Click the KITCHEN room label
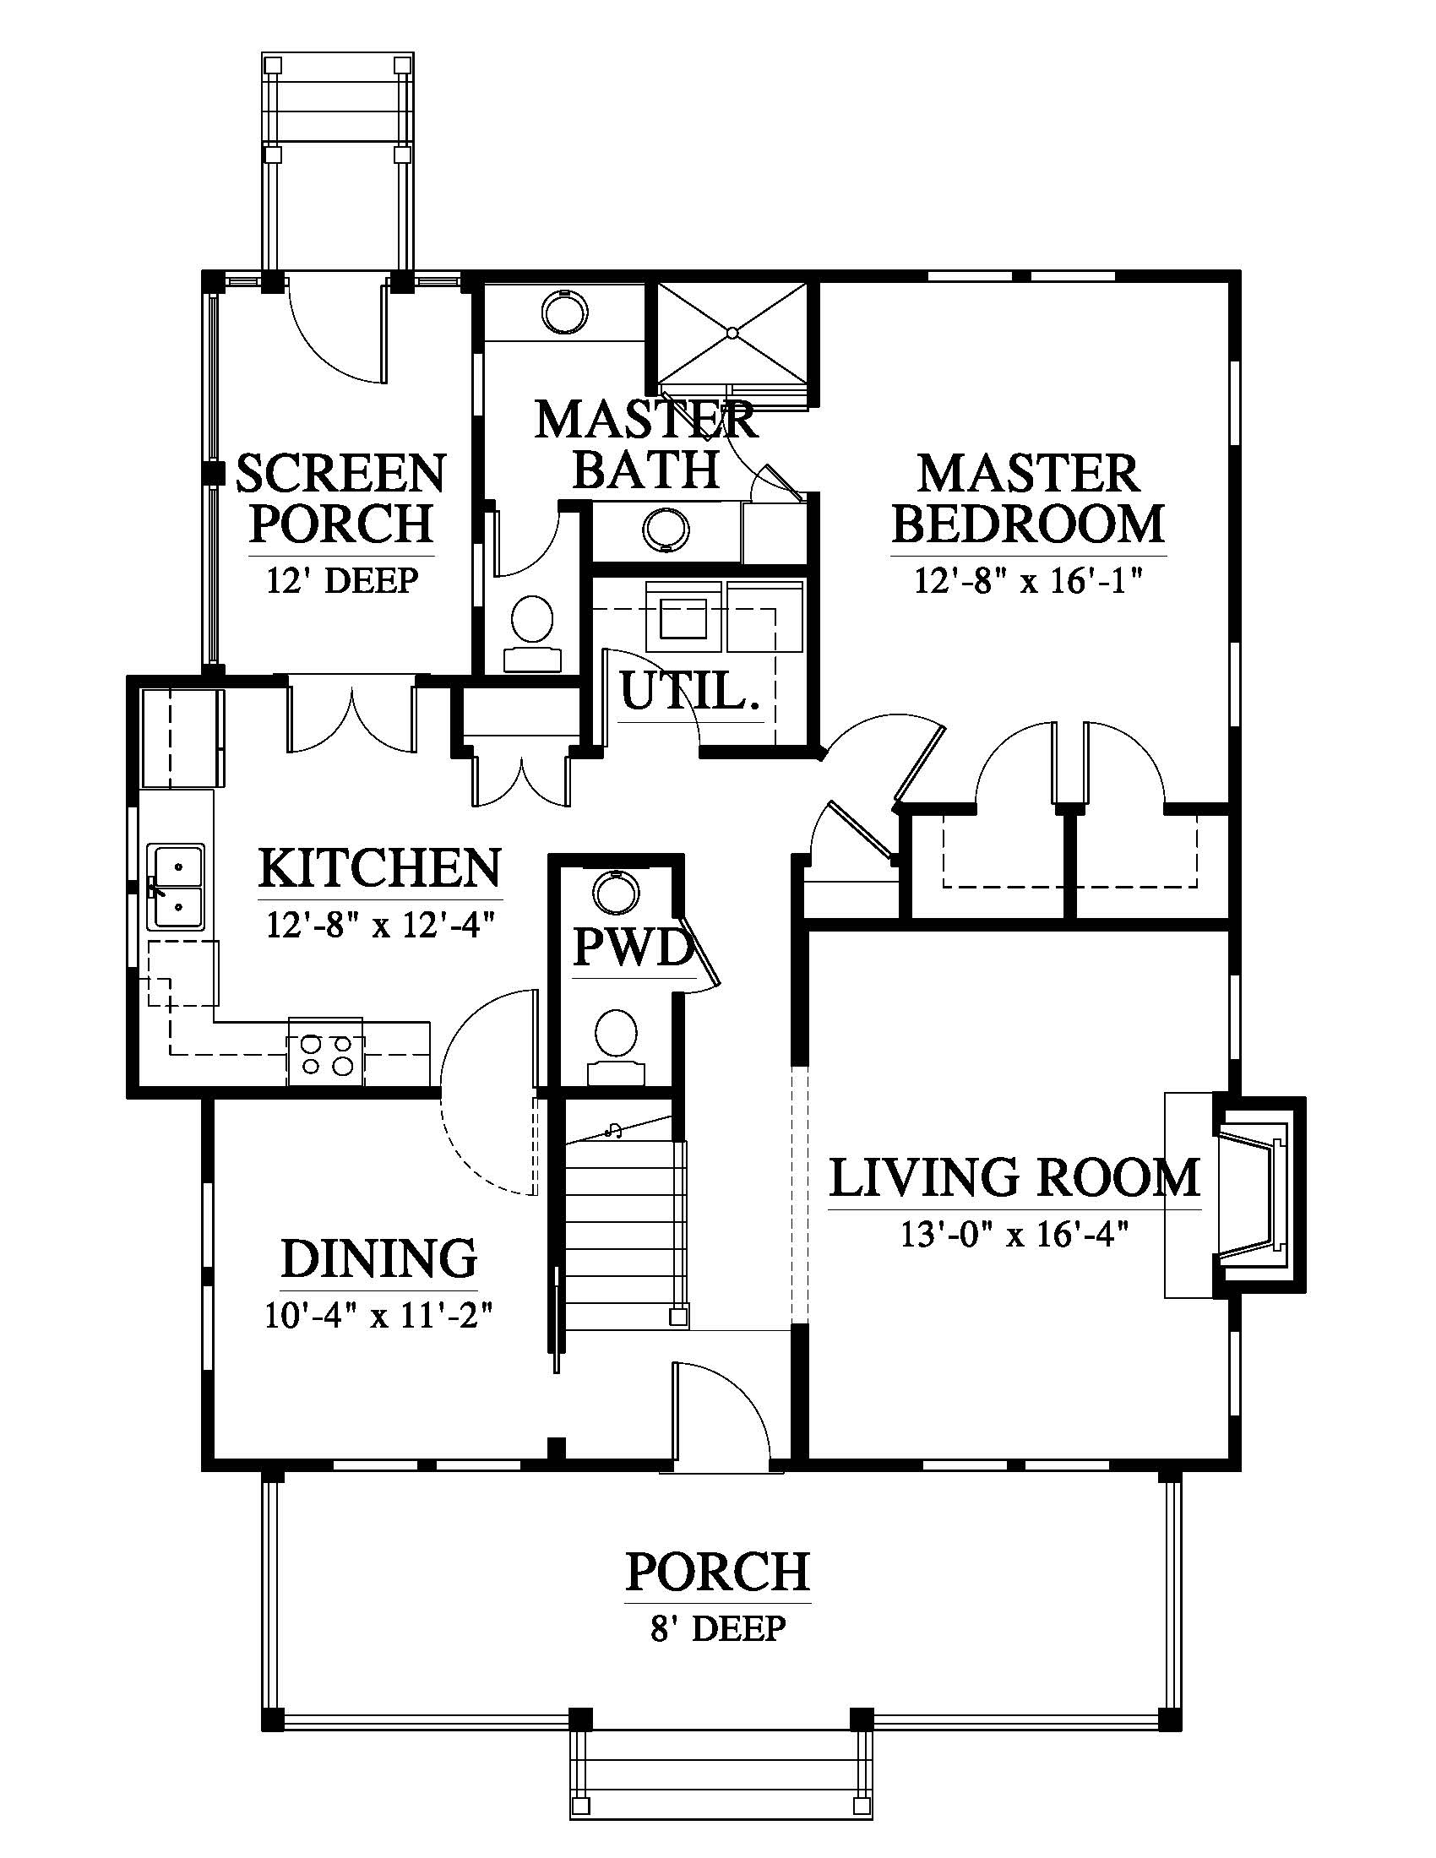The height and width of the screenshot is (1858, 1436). coord(380,867)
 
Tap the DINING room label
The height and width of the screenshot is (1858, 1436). coord(379,1258)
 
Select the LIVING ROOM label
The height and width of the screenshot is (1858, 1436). coord(1014,1177)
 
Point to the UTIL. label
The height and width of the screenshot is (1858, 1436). coord(689,691)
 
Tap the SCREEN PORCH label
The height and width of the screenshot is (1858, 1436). coord(341,497)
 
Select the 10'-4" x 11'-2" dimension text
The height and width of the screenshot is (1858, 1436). coord(379,1315)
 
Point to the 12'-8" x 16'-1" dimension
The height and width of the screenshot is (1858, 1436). coord(1028,582)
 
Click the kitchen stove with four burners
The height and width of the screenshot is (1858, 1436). coord(326,1051)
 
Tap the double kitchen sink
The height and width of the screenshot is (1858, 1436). coord(177,887)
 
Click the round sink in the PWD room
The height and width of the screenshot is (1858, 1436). coord(617,893)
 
